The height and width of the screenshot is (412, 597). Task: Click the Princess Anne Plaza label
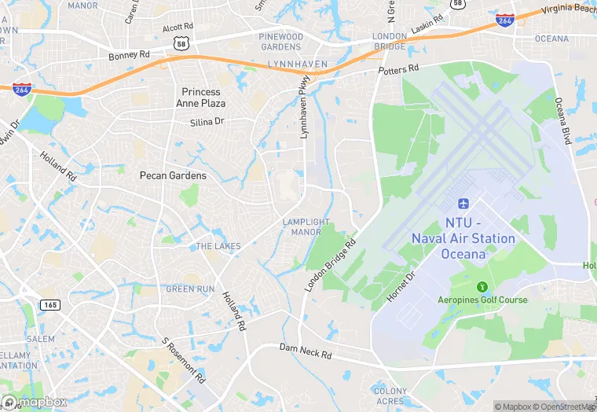pos(203,97)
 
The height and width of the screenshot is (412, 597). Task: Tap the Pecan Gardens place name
pos(173,175)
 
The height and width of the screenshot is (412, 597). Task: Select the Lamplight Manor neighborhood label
pos(306,227)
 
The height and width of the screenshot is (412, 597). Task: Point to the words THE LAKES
pos(218,246)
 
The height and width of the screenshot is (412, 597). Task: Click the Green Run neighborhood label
pos(190,289)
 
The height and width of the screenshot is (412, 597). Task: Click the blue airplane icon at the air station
pos(463,204)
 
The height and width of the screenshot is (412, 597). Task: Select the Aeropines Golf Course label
pos(482,300)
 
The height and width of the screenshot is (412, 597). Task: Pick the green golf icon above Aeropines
pos(482,285)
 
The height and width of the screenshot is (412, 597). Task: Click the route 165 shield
pos(50,304)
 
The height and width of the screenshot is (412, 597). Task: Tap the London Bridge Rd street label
pos(330,266)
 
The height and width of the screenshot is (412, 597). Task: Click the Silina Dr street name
pos(207,122)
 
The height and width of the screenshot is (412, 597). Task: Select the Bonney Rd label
pos(129,56)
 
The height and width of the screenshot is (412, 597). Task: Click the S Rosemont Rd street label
pos(183,360)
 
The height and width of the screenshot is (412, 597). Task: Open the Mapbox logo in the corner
pos(35,402)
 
